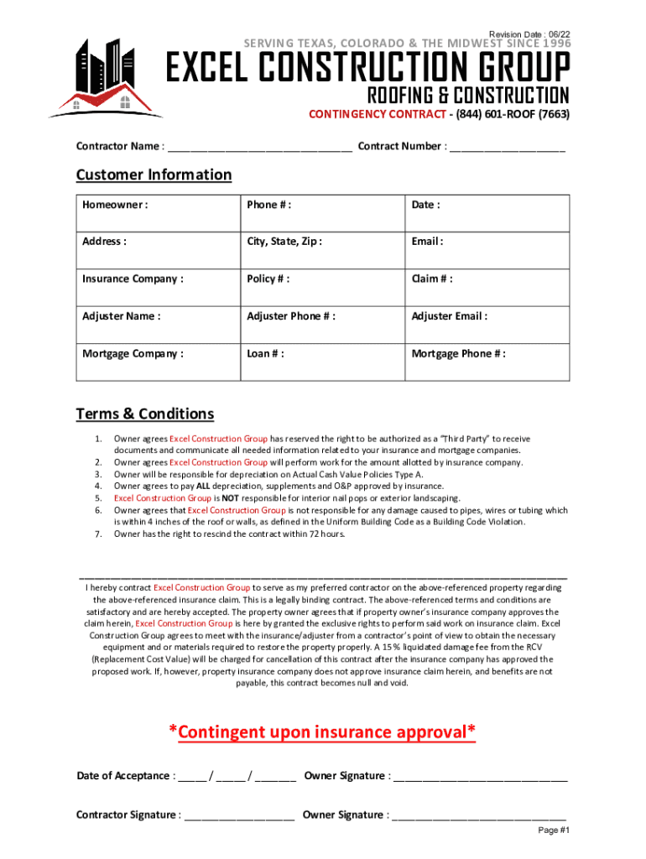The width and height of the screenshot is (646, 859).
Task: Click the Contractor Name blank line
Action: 259,148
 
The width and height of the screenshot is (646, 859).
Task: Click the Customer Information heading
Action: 154,174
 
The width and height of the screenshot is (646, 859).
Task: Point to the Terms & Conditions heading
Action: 145,414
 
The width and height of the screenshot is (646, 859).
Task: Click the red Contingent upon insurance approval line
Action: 322,732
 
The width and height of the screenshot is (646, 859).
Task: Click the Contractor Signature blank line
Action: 239,815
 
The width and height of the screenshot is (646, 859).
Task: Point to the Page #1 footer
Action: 554,830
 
